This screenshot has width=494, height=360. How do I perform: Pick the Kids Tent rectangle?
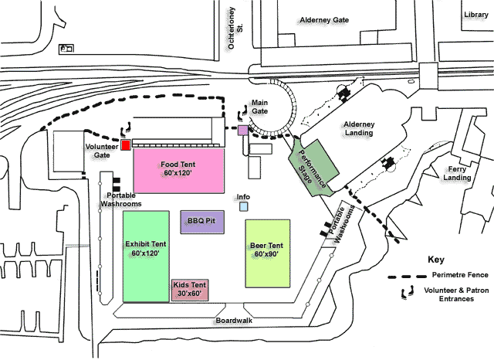190,290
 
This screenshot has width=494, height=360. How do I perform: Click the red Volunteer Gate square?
126,145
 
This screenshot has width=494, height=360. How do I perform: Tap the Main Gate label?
259,106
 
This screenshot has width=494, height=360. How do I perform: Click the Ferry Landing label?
457,174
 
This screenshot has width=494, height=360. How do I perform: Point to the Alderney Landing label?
359,128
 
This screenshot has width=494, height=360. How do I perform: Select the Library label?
476,14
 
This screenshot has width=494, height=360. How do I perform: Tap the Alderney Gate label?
319,20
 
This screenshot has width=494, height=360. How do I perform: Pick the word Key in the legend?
437,260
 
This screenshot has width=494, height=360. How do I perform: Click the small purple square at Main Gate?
243,131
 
